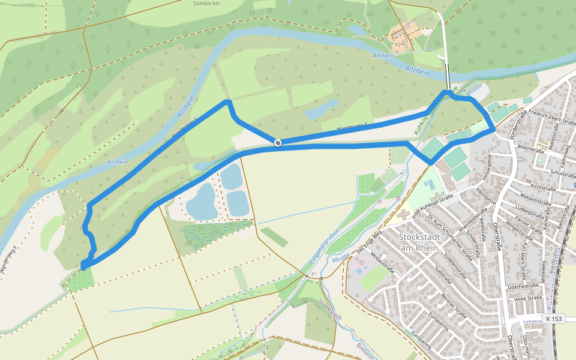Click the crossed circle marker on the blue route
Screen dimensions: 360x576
[x=278, y=142]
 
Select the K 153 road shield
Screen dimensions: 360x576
[x=554, y=319]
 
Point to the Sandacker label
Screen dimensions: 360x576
[x=206, y=3]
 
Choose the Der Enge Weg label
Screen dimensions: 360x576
[x=369, y=240]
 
